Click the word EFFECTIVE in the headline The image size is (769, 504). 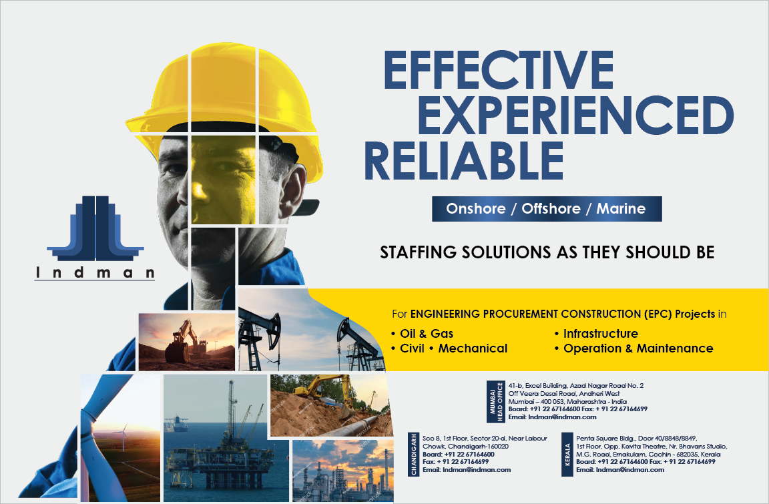point(499,69)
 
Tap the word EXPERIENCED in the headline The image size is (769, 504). point(576,115)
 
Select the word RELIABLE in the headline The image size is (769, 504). point(464,160)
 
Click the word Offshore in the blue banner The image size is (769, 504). point(551,209)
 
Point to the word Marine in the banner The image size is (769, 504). point(621,209)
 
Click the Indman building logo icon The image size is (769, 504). point(95,228)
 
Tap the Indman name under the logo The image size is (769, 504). point(95,272)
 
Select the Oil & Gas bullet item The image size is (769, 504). point(423,334)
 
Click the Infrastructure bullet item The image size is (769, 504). point(596,334)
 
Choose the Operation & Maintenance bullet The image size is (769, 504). point(633,348)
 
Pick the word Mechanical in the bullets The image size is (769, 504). point(473,348)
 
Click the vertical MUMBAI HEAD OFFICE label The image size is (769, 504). point(497,402)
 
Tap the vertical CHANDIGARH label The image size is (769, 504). point(414,454)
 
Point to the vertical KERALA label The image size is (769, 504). point(567,454)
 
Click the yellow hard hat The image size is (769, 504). point(224,98)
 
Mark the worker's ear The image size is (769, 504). point(293,191)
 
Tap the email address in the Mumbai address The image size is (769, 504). point(552,417)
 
